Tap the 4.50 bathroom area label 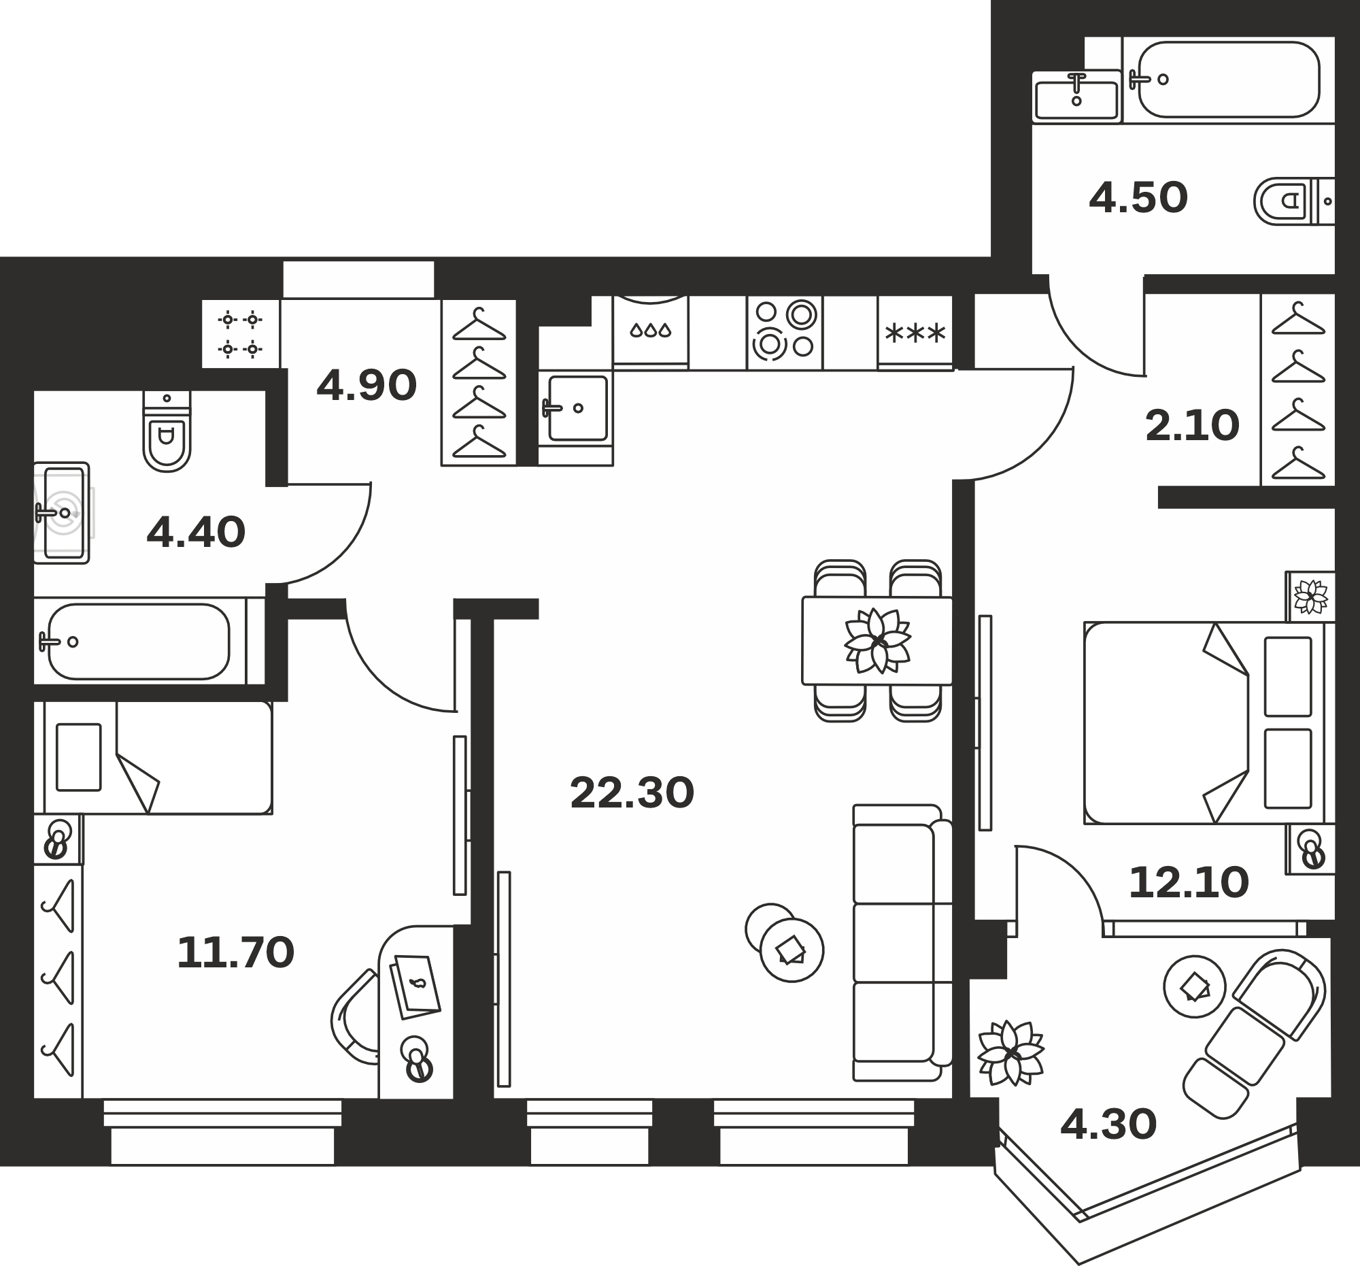coord(1138,198)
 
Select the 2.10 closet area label coord(1193,426)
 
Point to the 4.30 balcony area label coord(1108,1125)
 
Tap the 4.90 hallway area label coord(367,385)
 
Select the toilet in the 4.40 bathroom coord(167,431)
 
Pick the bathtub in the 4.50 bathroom coord(1229,80)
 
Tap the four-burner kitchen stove coord(785,333)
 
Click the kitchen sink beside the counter coord(576,409)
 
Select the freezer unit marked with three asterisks coord(915,333)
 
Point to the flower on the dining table coord(878,642)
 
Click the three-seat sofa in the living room coord(902,943)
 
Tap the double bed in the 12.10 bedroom coord(1208,722)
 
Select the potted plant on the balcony coord(1011,1053)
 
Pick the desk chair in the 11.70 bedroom coord(354,1017)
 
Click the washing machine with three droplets coord(651,333)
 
